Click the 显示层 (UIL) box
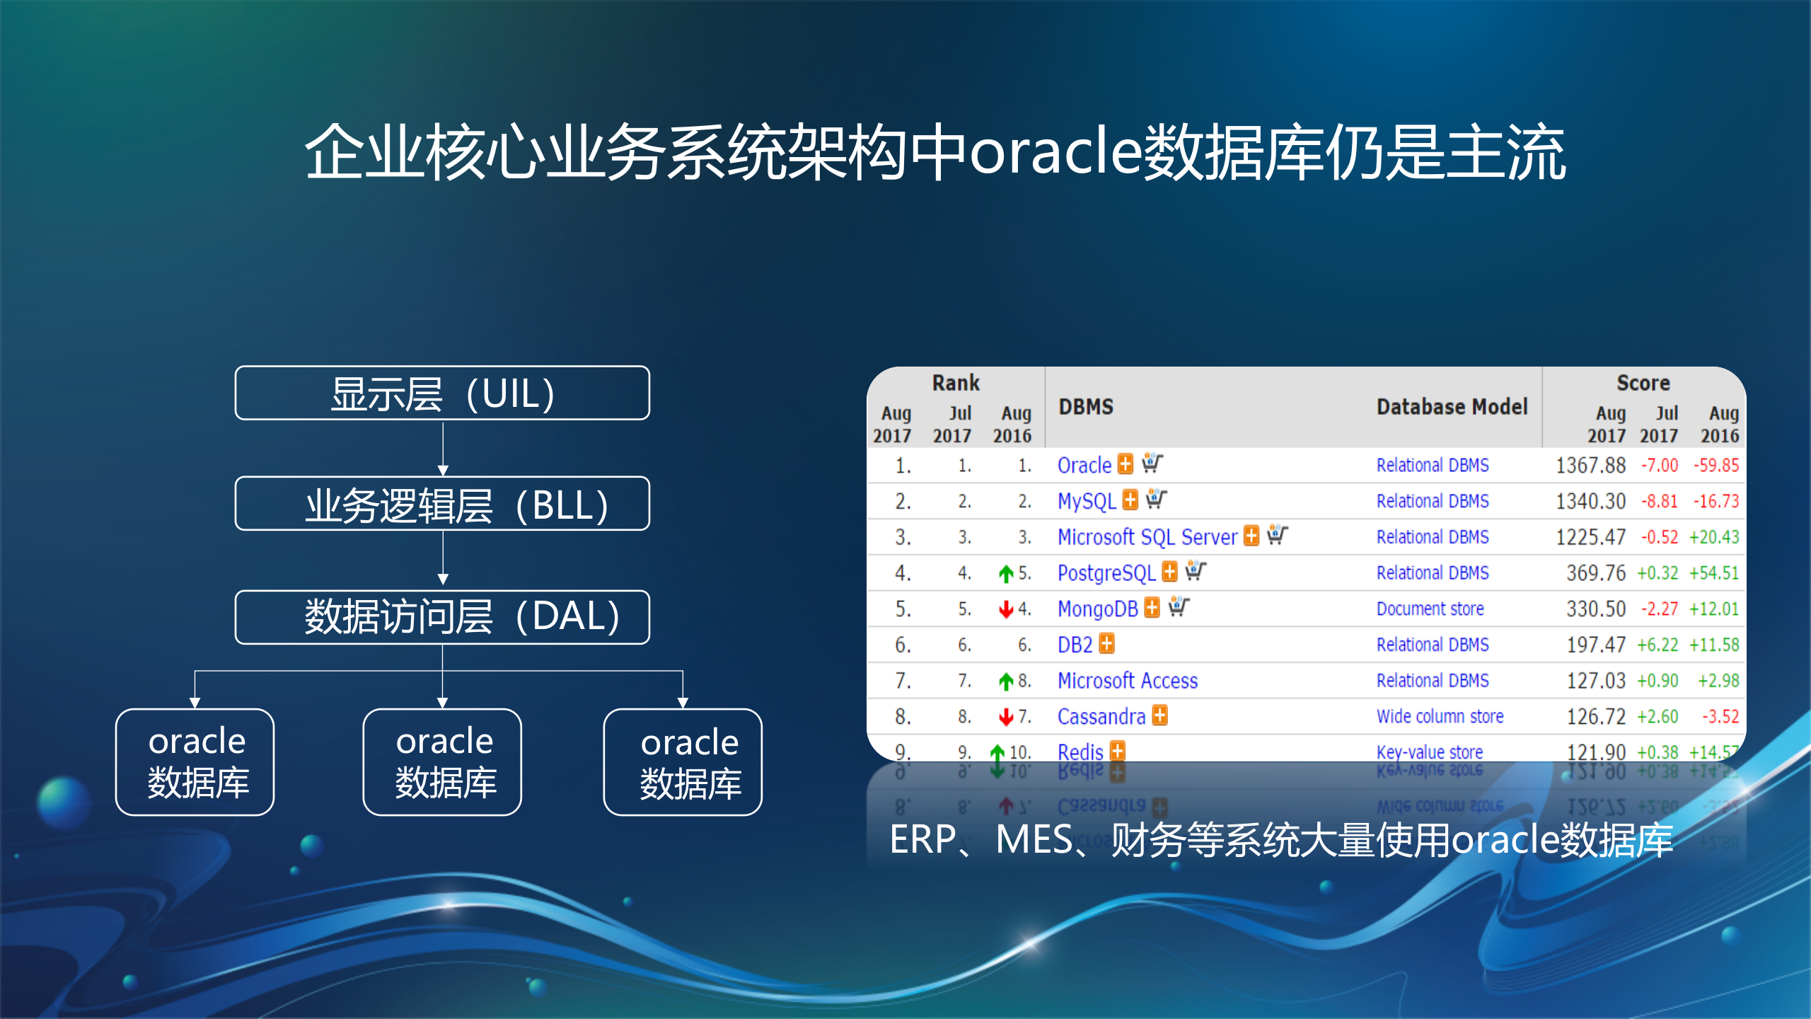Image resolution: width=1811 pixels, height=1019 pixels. click(x=442, y=393)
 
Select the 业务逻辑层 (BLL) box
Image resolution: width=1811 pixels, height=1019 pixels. click(x=442, y=504)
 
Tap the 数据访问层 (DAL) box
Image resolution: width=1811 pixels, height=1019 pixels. click(x=442, y=616)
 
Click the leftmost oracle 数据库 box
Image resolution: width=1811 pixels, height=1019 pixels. click(x=195, y=762)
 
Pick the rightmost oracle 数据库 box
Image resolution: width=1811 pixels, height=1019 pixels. click(x=683, y=762)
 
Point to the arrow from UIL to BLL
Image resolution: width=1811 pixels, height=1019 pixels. click(x=443, y=449)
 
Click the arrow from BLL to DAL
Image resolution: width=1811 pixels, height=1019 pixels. click(x=443, y=559)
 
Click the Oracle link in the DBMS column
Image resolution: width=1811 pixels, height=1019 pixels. click(x=1084, y=465)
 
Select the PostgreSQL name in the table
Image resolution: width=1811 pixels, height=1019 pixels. click(x=1106, y=572)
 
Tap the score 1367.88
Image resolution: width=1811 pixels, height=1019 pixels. click(x=1590, y=465)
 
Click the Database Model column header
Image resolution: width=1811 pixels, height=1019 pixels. click(x=1452, y=407)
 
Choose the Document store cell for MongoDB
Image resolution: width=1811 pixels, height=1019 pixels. click(x=1430, y=609)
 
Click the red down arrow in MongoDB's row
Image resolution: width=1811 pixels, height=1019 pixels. click(x=1006, y=609)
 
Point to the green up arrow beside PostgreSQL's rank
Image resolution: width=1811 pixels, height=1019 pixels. click(x=1006, y=573)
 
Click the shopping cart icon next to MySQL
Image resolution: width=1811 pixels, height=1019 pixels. click(x=1156, y=499)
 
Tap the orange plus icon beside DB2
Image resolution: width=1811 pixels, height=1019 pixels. click(x=1107, y=644)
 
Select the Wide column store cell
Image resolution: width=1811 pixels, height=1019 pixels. click(x=1440, y=716)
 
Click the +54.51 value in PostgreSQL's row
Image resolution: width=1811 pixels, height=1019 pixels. click(x=1713, y=572)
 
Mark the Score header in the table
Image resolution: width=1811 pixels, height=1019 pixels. click(x=1643, y=383)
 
